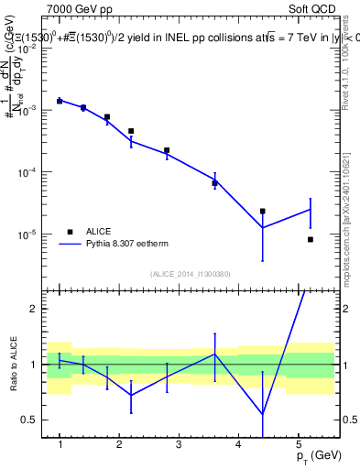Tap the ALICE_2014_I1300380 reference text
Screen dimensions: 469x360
click(x=191, y=273)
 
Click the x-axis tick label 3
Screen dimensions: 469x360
click(x=179, y=444)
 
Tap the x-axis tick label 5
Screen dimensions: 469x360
click(x=299, y=444)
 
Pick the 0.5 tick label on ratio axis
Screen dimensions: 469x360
click(x=30, y=420)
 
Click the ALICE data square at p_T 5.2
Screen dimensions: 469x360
click(x=311, y=239)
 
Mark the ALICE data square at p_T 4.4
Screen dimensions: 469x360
click(x=263, y=212)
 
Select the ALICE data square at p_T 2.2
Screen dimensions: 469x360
click(x=131, y=131)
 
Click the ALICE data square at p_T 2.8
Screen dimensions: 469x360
click(x=167, y=150)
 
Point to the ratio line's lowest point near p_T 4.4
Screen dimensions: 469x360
click(x=263, y=414)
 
